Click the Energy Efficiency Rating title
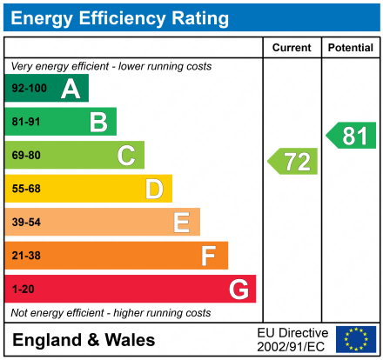(120, 17)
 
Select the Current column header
(292, 48)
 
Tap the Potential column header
(350, 48)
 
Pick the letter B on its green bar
(98, 122)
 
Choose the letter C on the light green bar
(126, 156)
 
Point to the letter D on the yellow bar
(154, 189)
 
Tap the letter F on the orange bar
(209, 256)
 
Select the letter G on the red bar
(238, 289)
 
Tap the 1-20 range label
(22, 289)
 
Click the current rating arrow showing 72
(293, 161)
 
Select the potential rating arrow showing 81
(352, 135)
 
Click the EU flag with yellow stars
(356, 339)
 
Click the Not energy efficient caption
(111, 312)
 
